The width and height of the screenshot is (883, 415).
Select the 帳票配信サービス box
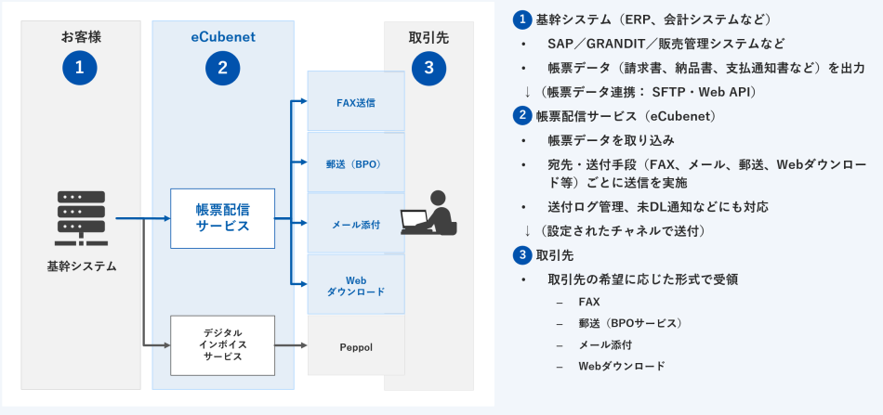coord(222,218)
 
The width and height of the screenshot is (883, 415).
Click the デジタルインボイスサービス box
coord(222,344)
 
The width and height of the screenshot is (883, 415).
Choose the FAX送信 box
coord(356,102)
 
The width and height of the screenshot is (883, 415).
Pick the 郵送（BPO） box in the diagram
coord(356,162)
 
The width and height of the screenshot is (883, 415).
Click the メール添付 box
coord(356,224)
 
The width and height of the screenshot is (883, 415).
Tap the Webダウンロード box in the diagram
coord(356,285)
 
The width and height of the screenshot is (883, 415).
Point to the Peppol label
coord(356,346)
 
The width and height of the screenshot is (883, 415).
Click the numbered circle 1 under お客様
coord(80,67)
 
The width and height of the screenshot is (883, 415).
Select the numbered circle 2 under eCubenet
coord(222,67)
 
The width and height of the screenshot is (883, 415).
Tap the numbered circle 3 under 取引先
coord(428,67)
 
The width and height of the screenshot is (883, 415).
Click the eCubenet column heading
coord(222,37)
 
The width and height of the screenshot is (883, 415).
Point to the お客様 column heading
coord(80,37)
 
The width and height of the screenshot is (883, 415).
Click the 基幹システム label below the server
coord(81,266)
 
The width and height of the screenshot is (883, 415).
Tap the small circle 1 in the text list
coord(522,19)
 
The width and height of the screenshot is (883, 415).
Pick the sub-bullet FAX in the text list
coord(589,302)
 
